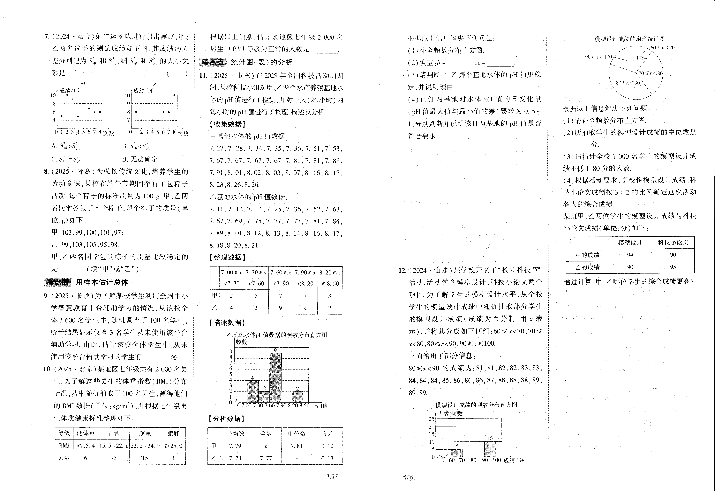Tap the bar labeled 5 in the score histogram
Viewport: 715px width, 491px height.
pos(457,453)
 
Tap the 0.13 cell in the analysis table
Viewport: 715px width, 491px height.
pos(327,458)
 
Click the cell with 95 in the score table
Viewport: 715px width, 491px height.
pos(673,267)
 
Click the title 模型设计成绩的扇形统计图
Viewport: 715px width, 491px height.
pos(629,39)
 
